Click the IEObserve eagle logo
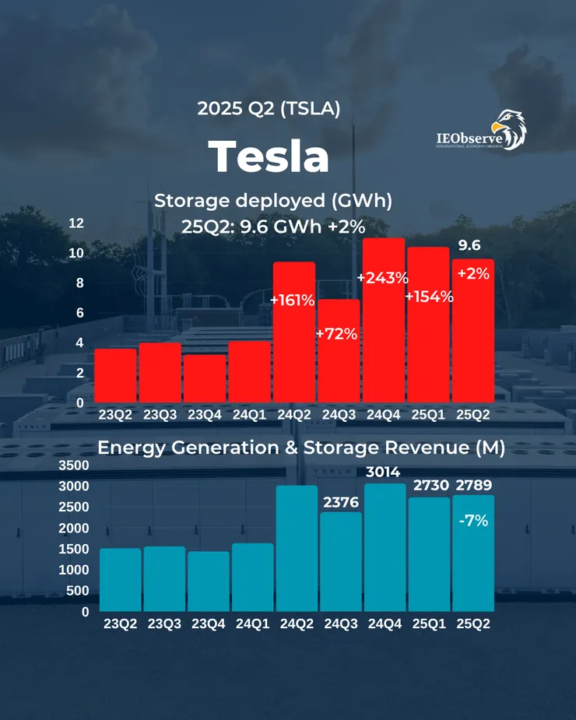(480, 131)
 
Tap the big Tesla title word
(269, 156)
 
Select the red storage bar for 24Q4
(384, 319)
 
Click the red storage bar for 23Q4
(205, 378)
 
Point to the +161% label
(292, 300)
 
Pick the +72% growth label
(336, 334)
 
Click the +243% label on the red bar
(382, 278)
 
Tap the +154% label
(429, 296)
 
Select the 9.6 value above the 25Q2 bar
(469, 246)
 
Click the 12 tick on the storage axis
(76, 223)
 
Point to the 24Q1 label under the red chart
(248, 415)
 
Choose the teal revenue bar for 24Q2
(297, 548)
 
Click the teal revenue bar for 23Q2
(121, 580)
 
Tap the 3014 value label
(383, 471)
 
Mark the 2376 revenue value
(339, 502)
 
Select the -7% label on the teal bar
(472, 521)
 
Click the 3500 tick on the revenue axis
(74, 465)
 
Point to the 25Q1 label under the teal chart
(428, 623)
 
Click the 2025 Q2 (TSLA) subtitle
(269, 109)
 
